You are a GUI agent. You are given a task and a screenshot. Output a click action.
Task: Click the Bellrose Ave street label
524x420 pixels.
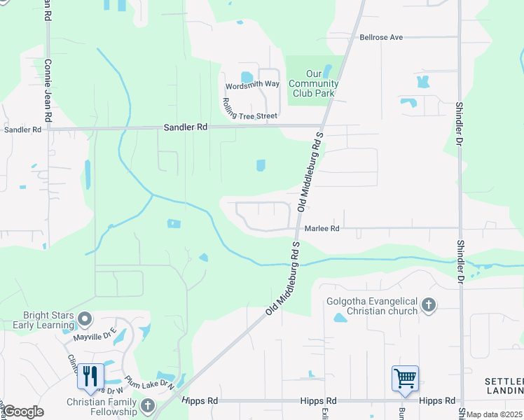click(x=382, y=37)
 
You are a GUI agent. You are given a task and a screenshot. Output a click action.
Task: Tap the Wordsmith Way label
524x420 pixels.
click(x=252, y=85)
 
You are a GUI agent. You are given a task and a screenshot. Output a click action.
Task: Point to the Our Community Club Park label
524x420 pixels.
click(x=322, y=84)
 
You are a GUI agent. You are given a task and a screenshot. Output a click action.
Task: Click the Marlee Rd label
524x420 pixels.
click(x=322, y=228)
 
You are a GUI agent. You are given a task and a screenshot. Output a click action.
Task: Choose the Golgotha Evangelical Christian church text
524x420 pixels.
click(x=372, y=307)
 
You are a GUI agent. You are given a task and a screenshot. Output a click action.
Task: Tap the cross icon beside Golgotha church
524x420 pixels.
click(x=429, y=305)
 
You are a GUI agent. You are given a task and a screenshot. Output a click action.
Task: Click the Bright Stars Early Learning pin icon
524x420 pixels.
click(x=85, y=320)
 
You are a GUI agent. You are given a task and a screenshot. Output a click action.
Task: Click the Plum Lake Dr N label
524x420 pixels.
click(x=149, y=382)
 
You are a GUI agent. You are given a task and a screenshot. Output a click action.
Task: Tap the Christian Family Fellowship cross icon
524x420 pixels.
click(x=147, y=405)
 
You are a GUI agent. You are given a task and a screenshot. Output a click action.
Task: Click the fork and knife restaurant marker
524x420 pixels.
click(x=90, y=377)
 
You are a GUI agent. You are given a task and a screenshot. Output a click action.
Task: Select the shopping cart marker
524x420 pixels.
click(x=406, y=379)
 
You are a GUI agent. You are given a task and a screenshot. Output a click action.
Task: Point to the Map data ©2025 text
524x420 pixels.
click(x=494, y=414)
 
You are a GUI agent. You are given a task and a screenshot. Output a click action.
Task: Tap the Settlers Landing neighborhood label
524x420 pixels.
click(x=504, y=386)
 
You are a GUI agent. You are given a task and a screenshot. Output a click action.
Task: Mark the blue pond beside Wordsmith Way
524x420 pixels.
click(x=247, y=77)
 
